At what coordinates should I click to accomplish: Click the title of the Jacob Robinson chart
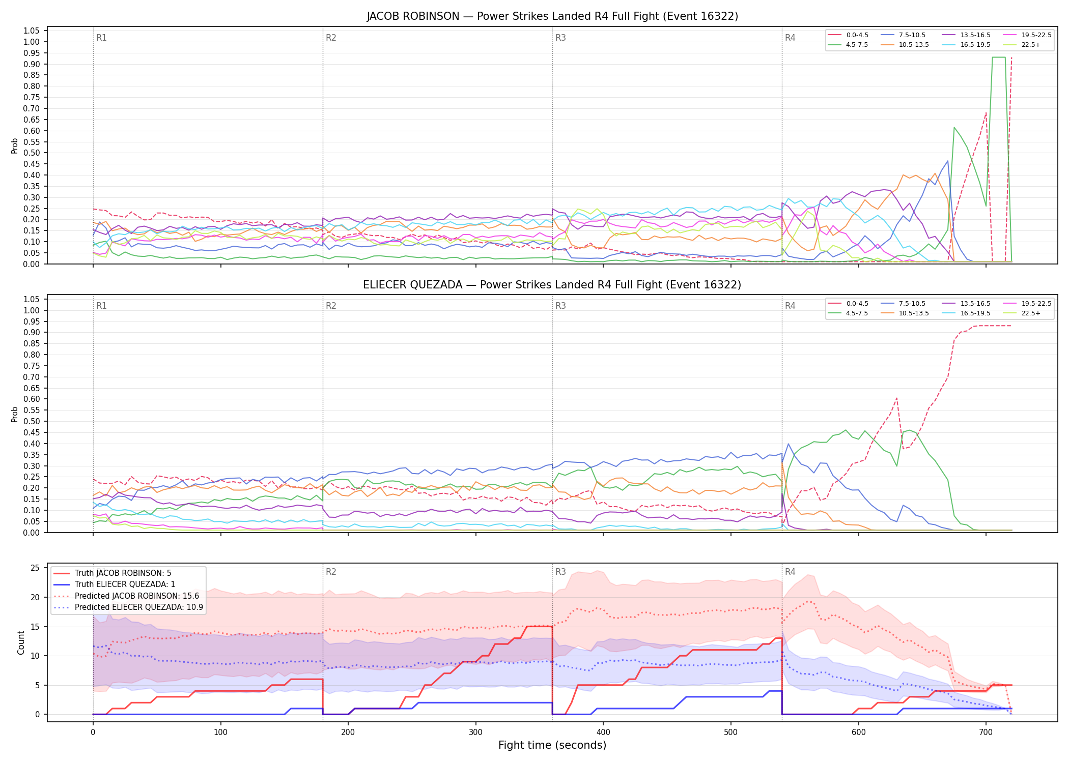coord(552,16)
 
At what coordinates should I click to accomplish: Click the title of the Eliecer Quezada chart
coord(552,285)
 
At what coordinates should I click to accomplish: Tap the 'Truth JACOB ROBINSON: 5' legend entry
coord(112,573)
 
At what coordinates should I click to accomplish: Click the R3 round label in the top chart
coord(560,38)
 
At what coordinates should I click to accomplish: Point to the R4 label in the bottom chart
coord(790,572)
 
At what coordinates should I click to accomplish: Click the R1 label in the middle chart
coord(101,306)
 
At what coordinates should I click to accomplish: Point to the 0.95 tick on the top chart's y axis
coord(32,53)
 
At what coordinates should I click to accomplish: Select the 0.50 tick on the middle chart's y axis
coord(32,422)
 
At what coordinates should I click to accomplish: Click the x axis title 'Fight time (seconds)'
coord(552,745)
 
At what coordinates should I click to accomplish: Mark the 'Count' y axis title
coord(21,642)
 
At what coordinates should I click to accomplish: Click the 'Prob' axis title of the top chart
coord(15,145)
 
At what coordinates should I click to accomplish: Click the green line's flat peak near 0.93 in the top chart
coord(999,57)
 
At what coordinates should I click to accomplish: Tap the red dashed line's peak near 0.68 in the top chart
coord(986,113)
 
